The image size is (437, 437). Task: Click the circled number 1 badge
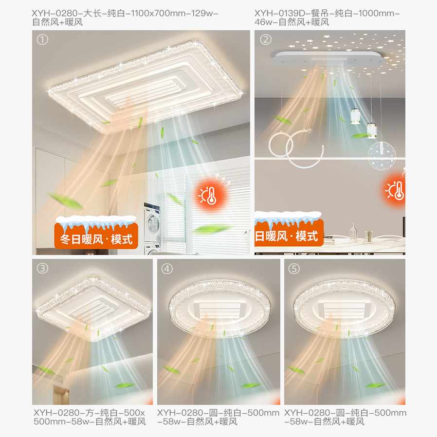42,39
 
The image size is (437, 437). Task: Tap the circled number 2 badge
266,39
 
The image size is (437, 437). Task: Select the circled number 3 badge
42,268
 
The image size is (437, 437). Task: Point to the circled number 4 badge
167,269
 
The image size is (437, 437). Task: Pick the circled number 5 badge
294,269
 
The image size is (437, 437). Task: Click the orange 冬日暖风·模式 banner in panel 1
96,236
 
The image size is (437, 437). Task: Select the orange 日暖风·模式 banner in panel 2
289,233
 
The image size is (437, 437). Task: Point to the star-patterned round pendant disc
382,156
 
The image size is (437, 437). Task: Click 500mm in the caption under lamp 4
263,413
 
